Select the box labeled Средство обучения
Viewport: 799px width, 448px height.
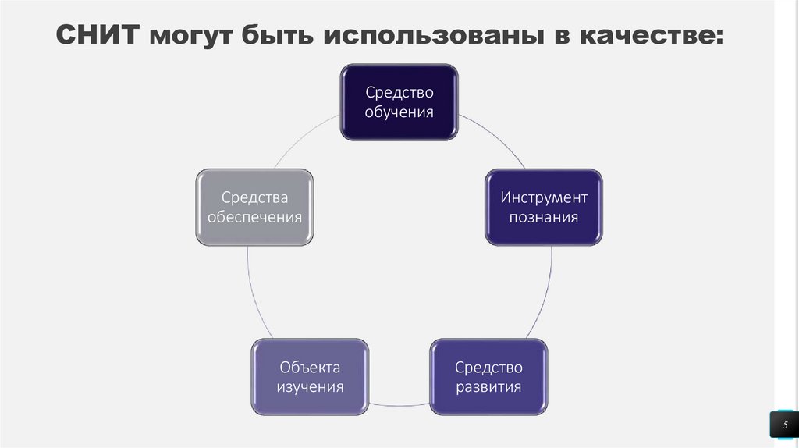click(x=399, y=102)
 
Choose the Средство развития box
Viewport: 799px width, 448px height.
click(x=488, y=376)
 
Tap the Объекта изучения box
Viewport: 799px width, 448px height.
click(x=310, y=376)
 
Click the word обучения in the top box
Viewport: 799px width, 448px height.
click(x=399, y=112)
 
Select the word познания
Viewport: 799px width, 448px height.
click(x=544, y=217)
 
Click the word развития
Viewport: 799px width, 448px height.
click(x=488, y=386)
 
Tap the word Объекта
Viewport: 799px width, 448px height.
click(x=310, y=366)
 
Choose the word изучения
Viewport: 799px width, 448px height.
click(x=310, y=386)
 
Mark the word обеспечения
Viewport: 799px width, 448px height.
click(x=254, y=217)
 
